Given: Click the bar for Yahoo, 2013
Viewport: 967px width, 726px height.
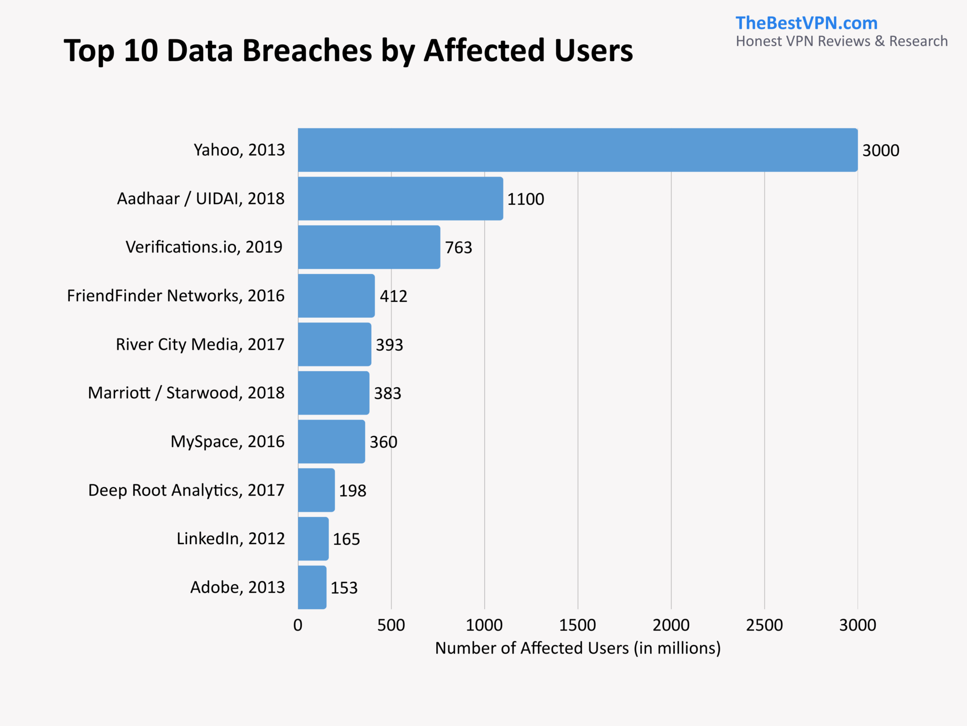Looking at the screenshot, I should pos(577,150).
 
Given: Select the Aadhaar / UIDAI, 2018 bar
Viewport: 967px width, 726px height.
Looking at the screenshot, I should pos(400,199).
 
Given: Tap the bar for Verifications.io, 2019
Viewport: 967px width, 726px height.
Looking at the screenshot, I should pos(369,247).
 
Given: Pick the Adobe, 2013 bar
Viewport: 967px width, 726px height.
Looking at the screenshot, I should pos(312,588).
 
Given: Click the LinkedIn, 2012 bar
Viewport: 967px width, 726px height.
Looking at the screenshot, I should pos(313,539).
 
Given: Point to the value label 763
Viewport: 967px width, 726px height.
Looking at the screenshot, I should pos(458,248).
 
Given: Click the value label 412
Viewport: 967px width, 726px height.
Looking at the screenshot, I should pos(393,296).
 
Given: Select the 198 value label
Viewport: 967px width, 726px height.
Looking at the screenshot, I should pos(353,491).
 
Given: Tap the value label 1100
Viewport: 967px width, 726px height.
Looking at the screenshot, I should pos(526,199).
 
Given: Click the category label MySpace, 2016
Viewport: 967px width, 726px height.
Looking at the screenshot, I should pos(228,441).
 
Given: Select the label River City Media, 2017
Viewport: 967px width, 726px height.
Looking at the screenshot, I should pos(200,345).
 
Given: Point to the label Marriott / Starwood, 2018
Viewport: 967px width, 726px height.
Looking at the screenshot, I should pos(186,393).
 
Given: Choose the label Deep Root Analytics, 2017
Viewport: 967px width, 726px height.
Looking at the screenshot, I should pos(186,490).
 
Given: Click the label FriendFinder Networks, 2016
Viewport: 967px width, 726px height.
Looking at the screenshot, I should pos(176,296).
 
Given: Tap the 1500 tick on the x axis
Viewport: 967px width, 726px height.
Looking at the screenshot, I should pos(577,625).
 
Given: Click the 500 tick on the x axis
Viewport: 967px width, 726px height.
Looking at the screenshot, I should pos(391,625).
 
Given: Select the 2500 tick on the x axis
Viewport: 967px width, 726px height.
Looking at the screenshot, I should pos(764,625).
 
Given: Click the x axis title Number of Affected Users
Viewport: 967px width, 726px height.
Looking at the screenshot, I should pos(577,648).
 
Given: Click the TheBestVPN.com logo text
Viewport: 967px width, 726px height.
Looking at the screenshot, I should pos(806,23).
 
